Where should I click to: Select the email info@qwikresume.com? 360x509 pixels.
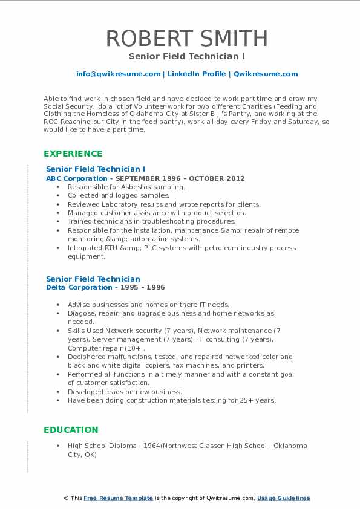pyautogui.click(x=118, y=74)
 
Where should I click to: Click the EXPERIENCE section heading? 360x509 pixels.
pyautogui.click(x=73, y=154)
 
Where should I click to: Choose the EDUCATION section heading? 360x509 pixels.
pyautogui.click(x=71, y=430)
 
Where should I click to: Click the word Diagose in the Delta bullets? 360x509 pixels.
pyautogui.click(x=81, y=314)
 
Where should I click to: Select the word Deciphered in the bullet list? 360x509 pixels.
pyautogui.click(x=88, y=357)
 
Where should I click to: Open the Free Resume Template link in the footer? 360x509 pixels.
pyautogui.click(x=118, y=498)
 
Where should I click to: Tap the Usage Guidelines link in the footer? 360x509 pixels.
pyautogui.click(x=283, y=498)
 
